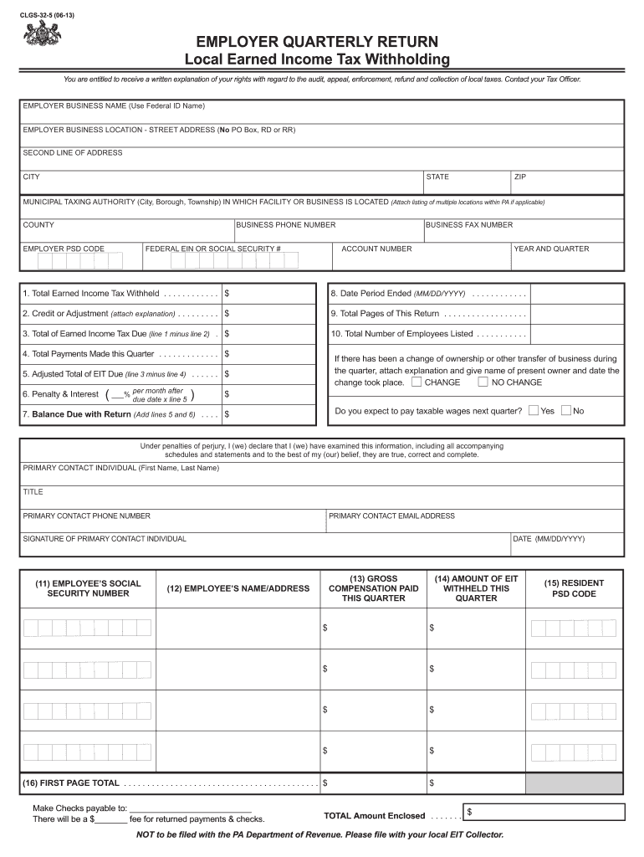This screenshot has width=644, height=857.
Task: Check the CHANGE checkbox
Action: (417, 382)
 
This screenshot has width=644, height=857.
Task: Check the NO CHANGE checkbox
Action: (483, 382)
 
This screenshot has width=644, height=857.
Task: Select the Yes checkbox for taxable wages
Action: (534, 411)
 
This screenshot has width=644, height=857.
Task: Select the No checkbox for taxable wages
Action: (566, 411)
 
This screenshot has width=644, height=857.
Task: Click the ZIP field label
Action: (520, 177)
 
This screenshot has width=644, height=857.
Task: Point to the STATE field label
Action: (437, 177)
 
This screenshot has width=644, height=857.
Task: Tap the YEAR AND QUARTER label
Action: (551, 249)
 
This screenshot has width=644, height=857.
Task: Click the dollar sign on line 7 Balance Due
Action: (227, 414)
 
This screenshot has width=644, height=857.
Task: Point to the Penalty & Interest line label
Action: (60, 394)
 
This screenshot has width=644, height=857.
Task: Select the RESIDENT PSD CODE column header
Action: (573, 588)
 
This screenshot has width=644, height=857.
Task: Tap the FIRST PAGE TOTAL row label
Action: (71, 783)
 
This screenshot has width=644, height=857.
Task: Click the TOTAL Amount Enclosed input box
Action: (544, 812)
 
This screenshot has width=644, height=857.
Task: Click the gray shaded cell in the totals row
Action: (573, 783)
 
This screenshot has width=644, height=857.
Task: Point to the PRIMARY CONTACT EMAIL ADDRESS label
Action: (391, 516)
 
